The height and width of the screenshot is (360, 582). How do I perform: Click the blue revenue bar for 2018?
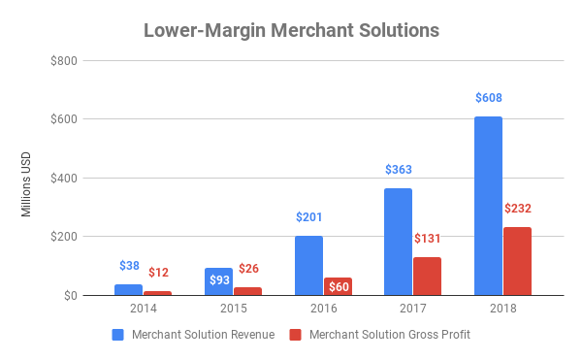488,206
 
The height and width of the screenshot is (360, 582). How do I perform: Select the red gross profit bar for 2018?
517,261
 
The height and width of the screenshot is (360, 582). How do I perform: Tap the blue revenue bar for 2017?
398,242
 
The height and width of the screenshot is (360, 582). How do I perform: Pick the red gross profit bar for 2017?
427,276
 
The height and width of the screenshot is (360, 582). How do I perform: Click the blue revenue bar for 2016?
308,265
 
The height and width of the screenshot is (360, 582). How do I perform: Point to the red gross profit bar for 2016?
338,286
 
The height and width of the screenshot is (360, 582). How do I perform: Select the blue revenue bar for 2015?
219,281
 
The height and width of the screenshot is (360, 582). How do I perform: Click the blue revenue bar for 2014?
129,289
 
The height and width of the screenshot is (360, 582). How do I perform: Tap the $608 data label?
488,98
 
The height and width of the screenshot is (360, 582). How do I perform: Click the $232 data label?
518,209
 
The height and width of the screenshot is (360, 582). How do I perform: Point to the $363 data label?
399,170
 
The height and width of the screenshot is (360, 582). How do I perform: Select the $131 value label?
428,239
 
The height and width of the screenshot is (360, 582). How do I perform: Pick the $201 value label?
309,217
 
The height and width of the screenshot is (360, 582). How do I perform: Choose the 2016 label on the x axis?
323,310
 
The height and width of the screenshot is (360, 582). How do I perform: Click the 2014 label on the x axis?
144,310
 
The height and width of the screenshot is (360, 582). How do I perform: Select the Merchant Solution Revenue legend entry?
193,335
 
